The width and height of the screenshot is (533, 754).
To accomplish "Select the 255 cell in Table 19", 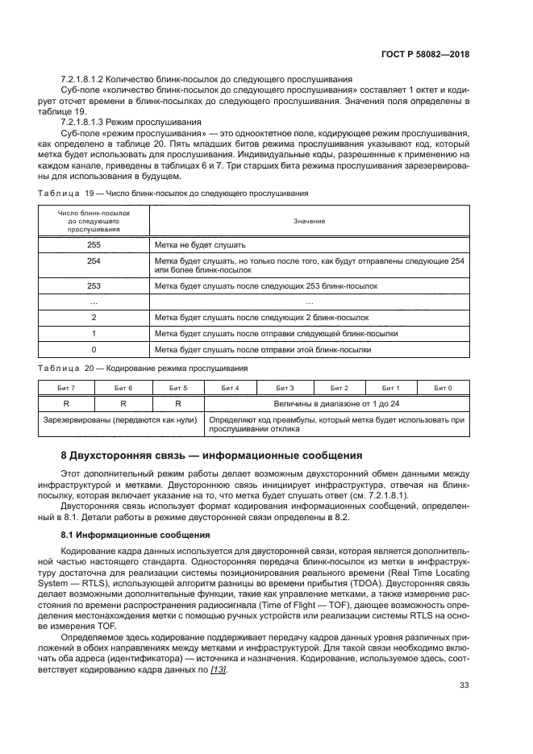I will click(x=94, y=244).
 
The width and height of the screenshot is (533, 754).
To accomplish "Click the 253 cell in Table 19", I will click(x=94, y=285).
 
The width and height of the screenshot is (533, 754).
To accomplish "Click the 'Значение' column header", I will click(x=309, y=220).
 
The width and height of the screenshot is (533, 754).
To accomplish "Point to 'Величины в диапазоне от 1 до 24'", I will click(x=336, y=402).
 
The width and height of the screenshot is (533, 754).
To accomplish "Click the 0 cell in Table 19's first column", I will click(x=94, y=349).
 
